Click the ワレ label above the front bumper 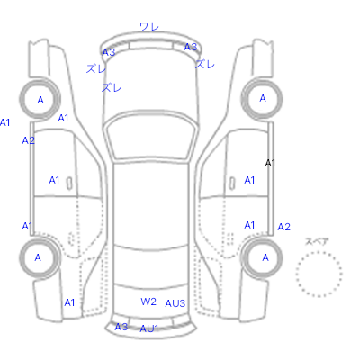coord(149,27)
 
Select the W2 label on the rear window coord(148,301)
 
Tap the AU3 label coord(175,303)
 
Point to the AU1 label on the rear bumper coord(149,328)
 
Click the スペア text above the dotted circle coord(317,241)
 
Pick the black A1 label coord(270,163)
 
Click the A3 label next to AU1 coord(121,327)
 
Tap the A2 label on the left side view coord(29,140)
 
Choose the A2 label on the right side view coord(283,227)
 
